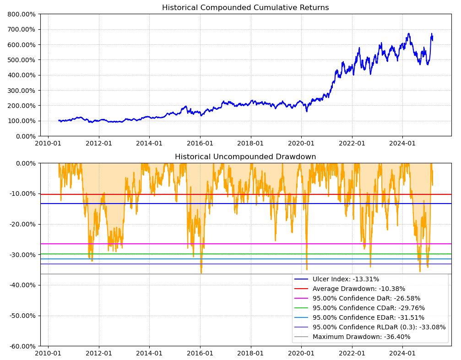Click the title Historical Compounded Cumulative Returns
pos(245,8)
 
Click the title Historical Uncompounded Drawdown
pos(245,157)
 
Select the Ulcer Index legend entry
pos(346,279)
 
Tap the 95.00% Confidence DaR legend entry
pos(366,298)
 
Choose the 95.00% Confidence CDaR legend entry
pos(369,308)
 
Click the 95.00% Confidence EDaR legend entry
pos(369,317)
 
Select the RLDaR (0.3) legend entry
pos(379,327)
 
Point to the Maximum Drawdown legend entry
pos(361,337)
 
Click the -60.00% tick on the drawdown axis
pos(20,346)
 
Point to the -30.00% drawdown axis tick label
pos(20,254)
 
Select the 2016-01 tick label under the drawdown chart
pos(200,354)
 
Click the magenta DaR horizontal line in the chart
pos(183,244)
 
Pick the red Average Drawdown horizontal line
pos(183,194)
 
